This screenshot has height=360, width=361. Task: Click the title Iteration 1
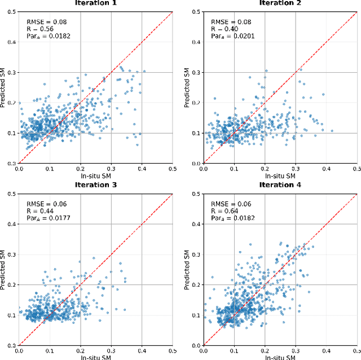point(96,3)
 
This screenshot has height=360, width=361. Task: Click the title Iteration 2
point(280,3)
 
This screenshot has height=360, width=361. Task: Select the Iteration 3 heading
point(96,185)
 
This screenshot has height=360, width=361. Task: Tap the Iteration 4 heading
point(280,185)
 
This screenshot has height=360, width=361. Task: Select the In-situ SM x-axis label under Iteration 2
point(280,176)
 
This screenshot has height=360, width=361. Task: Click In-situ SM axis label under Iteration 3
point(96,357)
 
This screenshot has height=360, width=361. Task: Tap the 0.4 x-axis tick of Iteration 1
point(142,168)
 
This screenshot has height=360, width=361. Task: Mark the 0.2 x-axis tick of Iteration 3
point(80,350)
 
